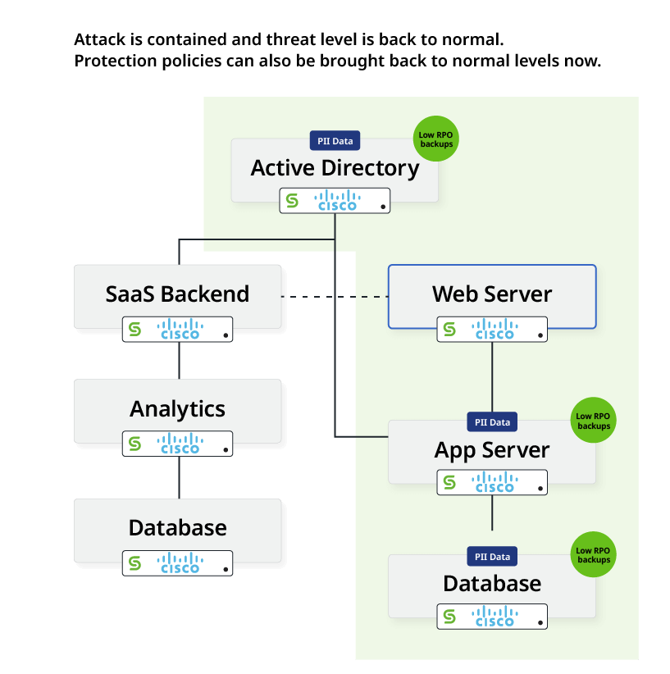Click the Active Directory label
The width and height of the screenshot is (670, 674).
[335, 168]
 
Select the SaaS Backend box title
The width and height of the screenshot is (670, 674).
[177, 294]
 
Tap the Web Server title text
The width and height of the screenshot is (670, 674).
[492, 294]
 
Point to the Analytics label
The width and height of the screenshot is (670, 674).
[177, 408]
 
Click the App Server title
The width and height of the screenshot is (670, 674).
[492, 450]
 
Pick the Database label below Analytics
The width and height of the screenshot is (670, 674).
[177, 527]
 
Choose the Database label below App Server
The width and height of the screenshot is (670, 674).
[492, 584]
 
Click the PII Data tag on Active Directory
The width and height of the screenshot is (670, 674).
[335, 141]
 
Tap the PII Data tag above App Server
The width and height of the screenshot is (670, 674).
[492, 422]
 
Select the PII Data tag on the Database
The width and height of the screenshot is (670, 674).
[492, 557]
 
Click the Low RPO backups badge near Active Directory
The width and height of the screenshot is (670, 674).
[436, 139]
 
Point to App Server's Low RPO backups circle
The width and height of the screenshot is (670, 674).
[594, 421]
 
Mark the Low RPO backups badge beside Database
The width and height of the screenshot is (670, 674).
[594, 555]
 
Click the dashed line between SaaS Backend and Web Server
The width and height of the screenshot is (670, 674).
[335, 296]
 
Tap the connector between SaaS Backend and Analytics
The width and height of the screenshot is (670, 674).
[179, 360]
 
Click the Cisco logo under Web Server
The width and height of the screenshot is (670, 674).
[495, 330]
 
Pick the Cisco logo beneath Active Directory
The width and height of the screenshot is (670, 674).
[337, 201]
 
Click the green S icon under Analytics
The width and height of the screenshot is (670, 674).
[135, 444]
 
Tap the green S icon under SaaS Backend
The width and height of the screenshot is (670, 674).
[135, 330]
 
